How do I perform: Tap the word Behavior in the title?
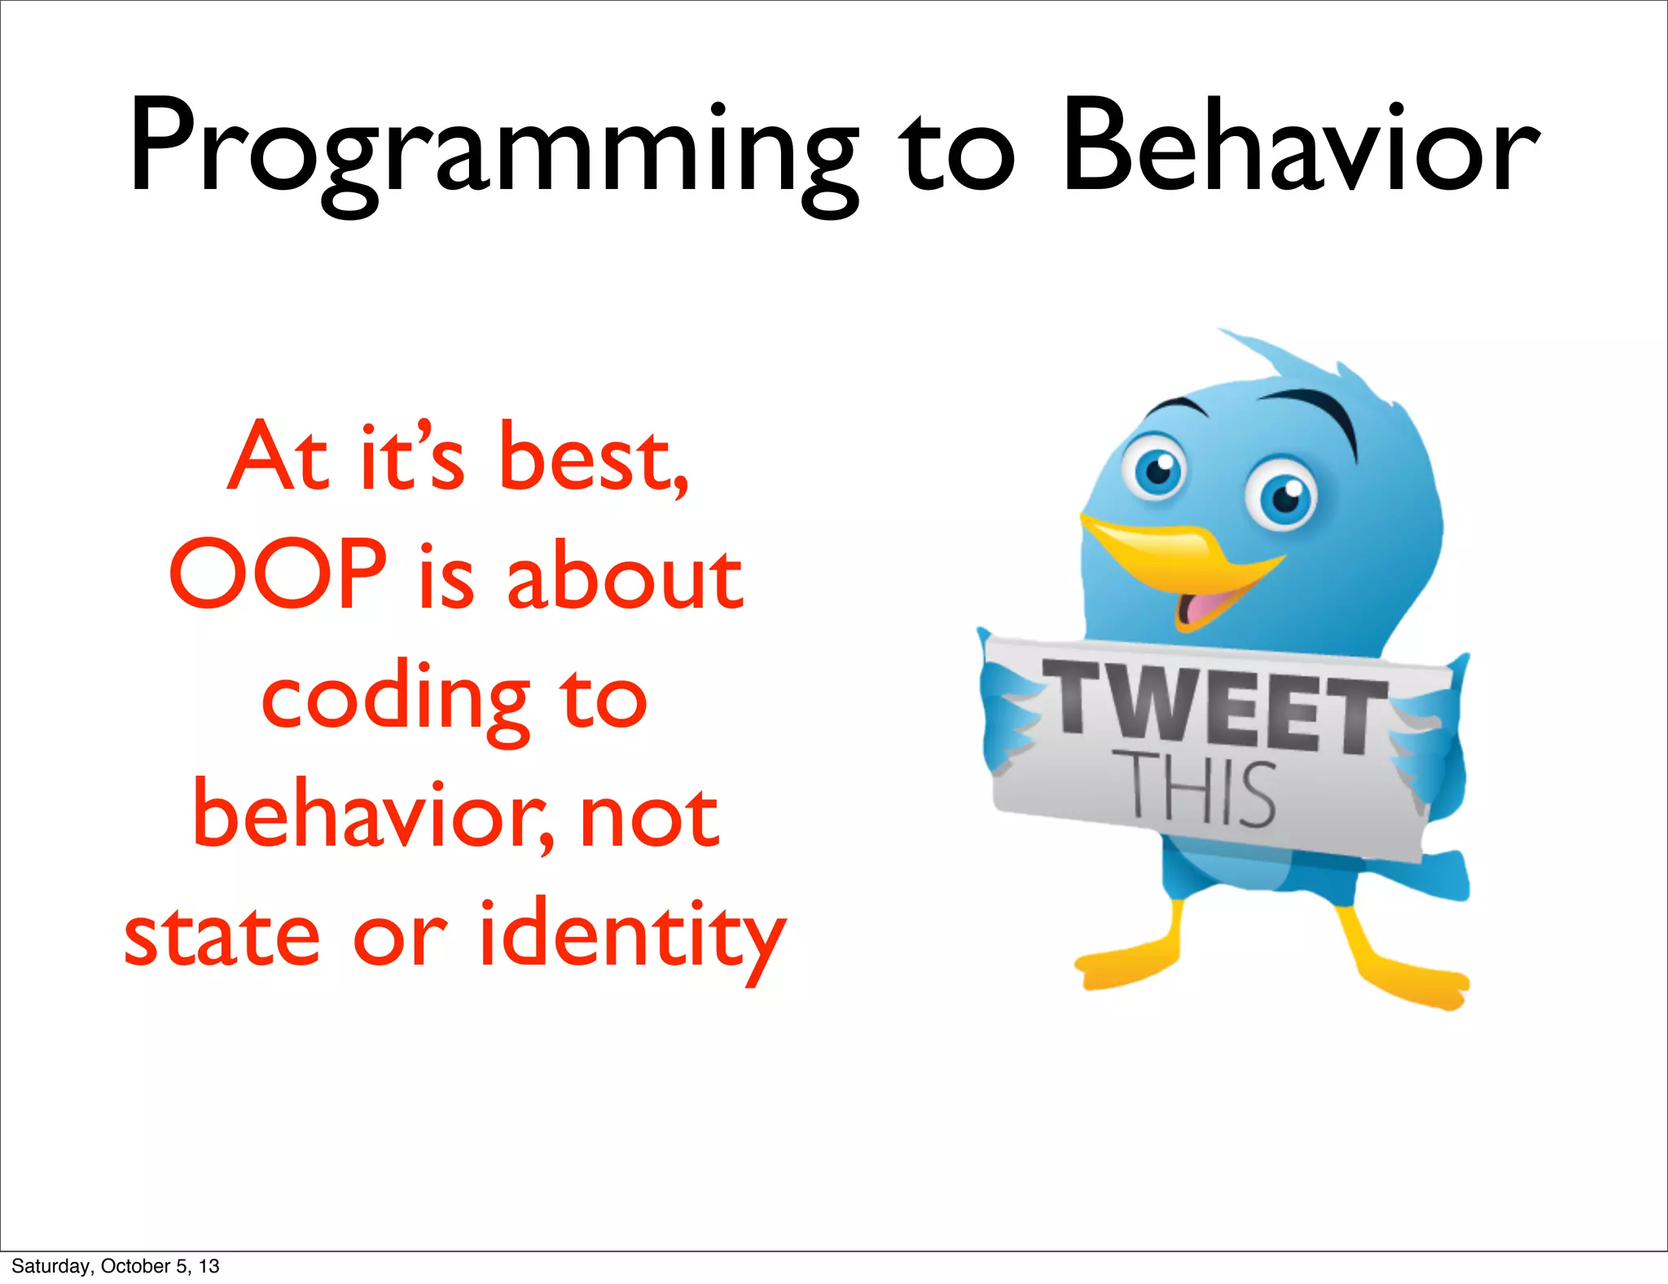(1300, 147)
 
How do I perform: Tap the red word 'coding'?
(395, 701)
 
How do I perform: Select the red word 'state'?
(221, 935)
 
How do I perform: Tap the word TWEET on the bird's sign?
(1214, 706)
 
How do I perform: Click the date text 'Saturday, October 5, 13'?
(115, 1265)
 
